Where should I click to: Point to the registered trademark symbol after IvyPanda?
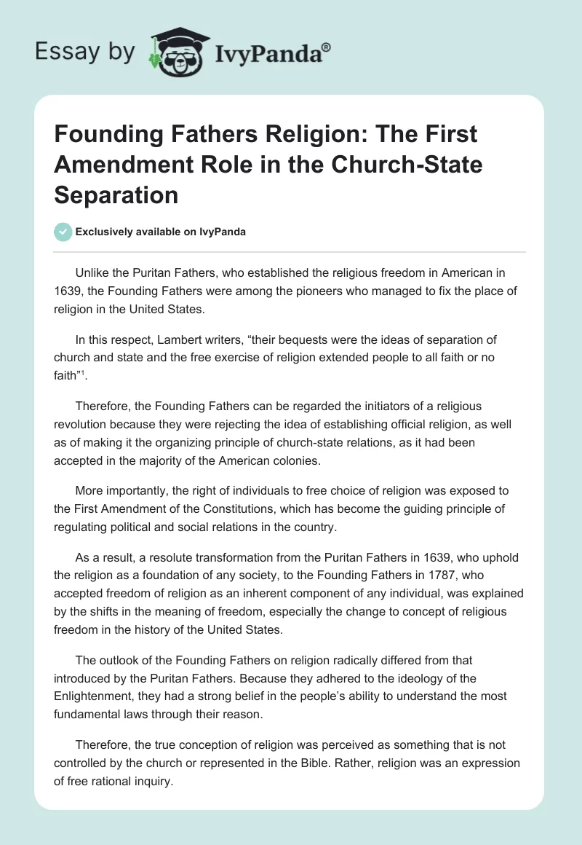[327, 46]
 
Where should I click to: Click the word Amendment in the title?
[123, 165]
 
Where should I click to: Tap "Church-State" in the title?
[408, 165]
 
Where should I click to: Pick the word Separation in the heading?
[116, 194]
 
